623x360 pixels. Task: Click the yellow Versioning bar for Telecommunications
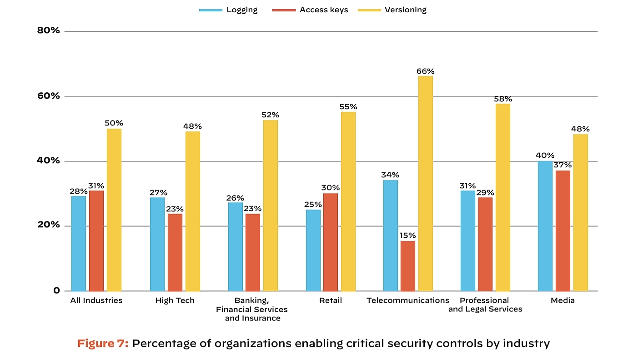pyautogui.click(x=426, y=183)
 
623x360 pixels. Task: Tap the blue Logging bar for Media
pyautogui.click(x=545, y=226)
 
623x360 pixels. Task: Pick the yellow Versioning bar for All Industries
pyautogui.click(x=114, y=210)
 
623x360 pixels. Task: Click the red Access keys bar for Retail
pyautogui.click(x=331, y=242)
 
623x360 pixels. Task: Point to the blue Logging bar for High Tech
pyautogui.click(x=157, y=244)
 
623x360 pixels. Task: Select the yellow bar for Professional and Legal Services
pyautogui.click(x=503, y=197)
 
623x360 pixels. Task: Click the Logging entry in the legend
pyautogui.click(x=241, y=10)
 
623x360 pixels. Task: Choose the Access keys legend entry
pyautogui.click(x=323, y=10)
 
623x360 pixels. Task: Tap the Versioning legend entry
pyautogui.click(x=405, y=10)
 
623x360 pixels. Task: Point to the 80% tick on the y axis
pyautogui.click(x=49, y=31)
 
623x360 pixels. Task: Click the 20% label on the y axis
pyautogui.click(x=49, y=225)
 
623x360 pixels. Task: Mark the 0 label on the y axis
pyautogui.click(x=56, y=290)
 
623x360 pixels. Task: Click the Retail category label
pyautogui.click(x=331, y=300)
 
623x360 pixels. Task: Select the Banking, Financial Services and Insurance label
pyautogui.click(x=252, y=309)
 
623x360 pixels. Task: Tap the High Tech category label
pyautogui.click(x=175, y=300)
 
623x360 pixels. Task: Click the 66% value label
pyautogui.click(x=426, y=71)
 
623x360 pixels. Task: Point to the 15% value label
pyautogui.click(x=408, y=236)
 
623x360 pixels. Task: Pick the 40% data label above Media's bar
pyautogui.click(x=545, y=156)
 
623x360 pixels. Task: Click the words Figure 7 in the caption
pyautogui.click(x=103, y=343)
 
